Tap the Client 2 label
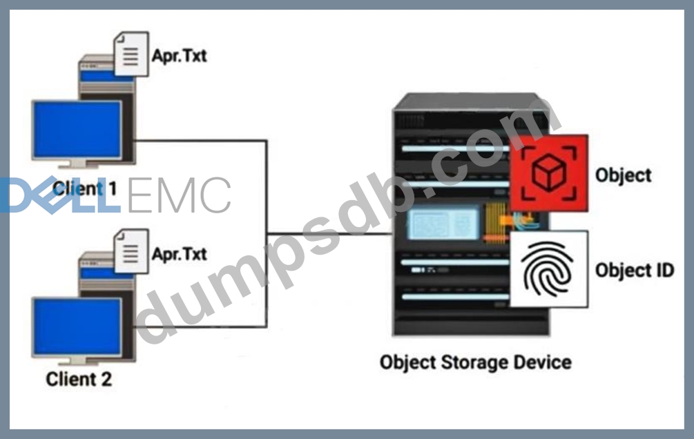pos(78,379)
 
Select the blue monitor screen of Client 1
pos(77,130)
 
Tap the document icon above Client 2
pos(131,250)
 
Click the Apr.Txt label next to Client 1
pos(179,55)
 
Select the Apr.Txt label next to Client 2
pos(179,253)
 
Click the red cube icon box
pos(549,172)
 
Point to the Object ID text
pos(634,270)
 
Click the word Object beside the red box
pos(623,175)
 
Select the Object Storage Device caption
pos(475,362)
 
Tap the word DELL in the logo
pos(59,195)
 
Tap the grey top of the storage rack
pos(470,101)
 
